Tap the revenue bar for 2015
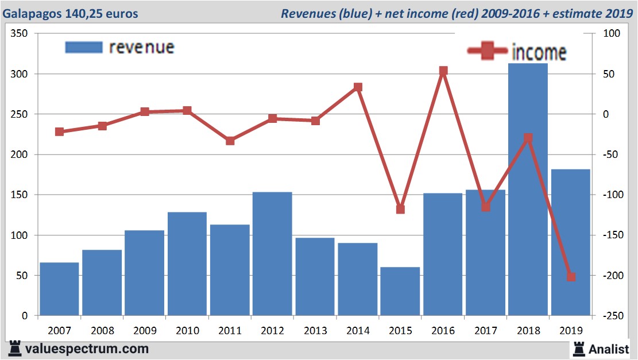[x=400, y=291]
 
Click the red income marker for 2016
[x=443, y=71]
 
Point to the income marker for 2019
[x=571, y=277]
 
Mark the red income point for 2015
[x=400, y=209]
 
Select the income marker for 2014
[x=358, y=87]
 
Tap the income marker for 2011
[x=230, y=141]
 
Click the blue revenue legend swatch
[x=84, y=48]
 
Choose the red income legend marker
[x=488, y=52]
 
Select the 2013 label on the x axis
[x=315, y=331]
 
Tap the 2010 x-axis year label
[x=187, y=331]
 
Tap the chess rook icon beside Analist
[x=578, y=349]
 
